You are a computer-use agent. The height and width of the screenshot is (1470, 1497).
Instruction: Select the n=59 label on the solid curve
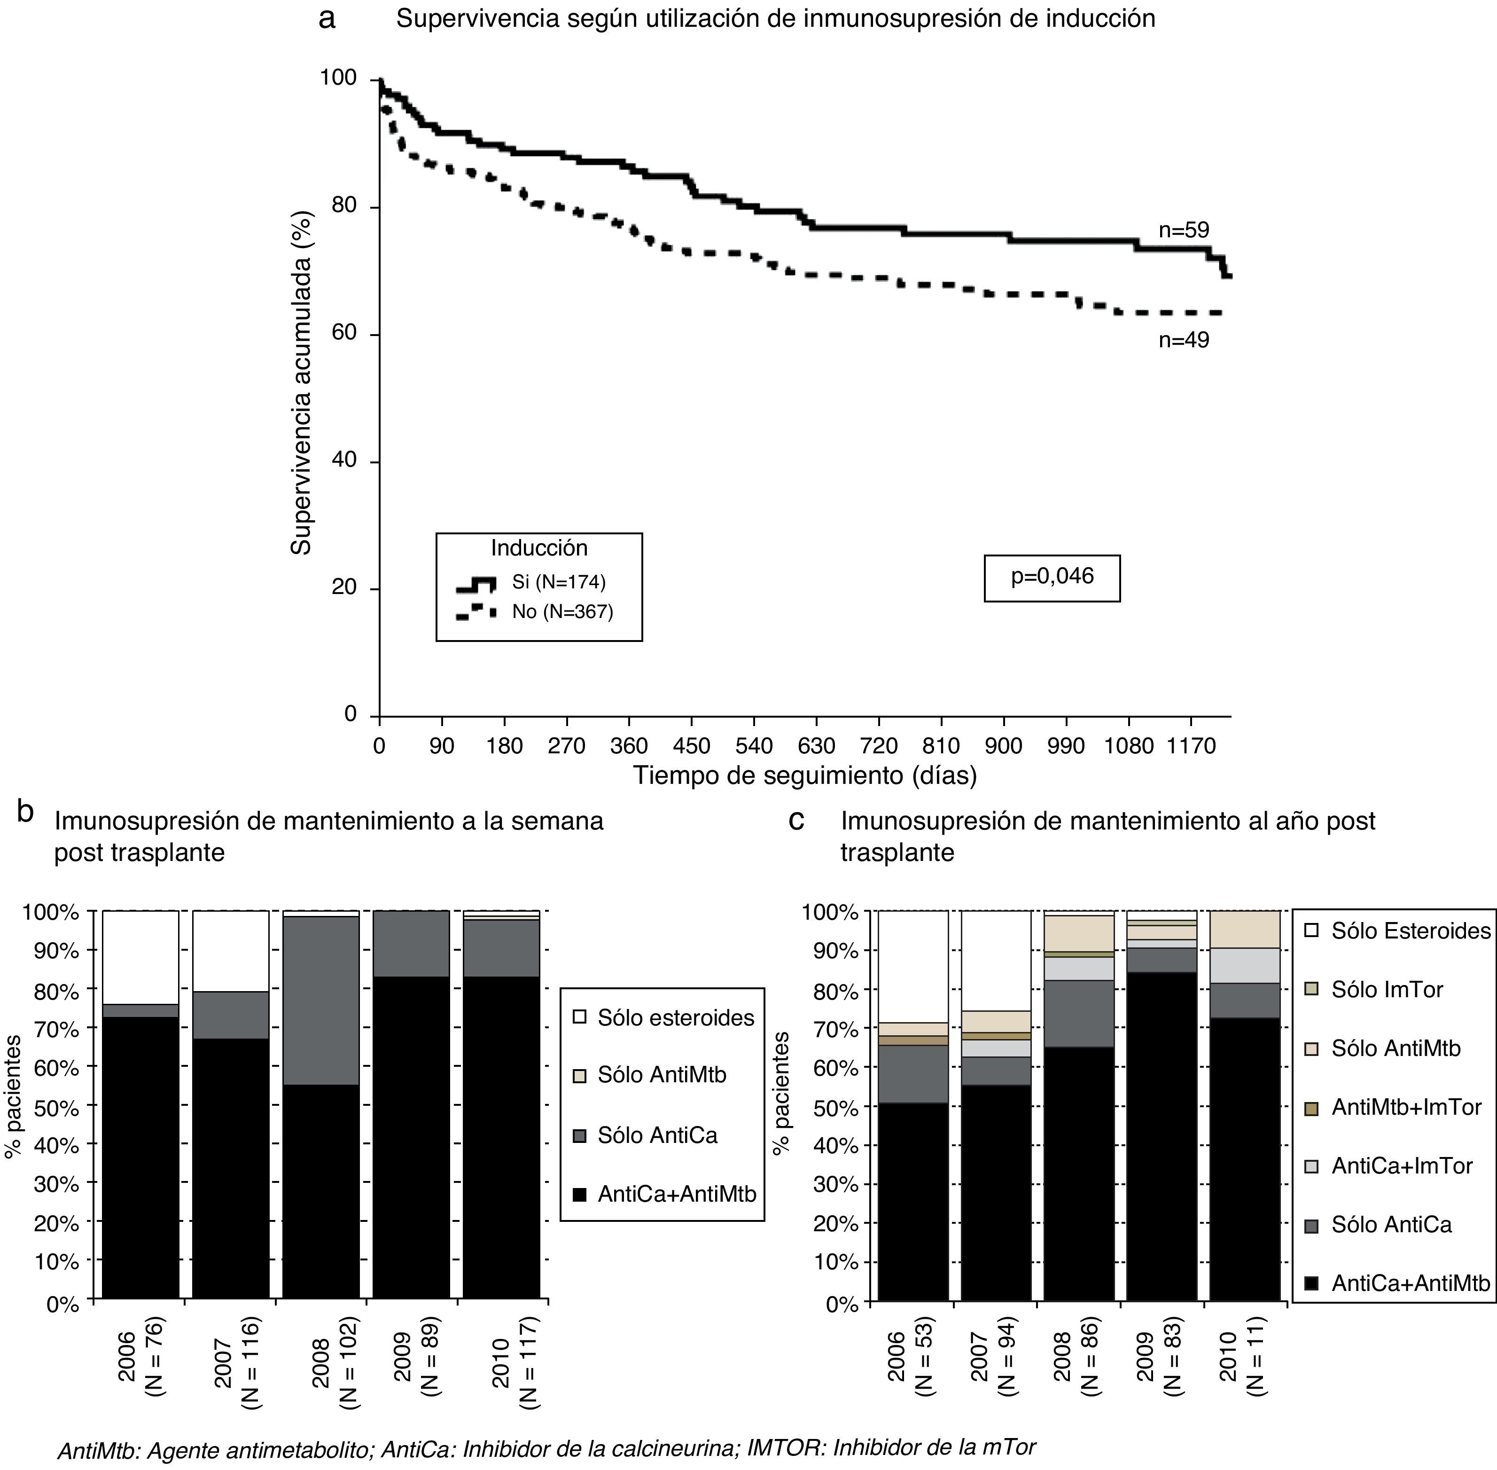(1184, 230)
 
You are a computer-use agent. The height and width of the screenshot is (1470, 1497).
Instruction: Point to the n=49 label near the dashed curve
(1184, 340)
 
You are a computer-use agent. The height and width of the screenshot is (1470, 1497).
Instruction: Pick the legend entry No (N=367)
(562, 612)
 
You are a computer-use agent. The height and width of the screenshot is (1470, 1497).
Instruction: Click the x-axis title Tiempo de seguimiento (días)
(804, 775)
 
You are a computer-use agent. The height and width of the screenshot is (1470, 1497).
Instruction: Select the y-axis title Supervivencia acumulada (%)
(302, 383)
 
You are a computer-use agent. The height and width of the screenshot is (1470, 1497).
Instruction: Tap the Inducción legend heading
(539, 548)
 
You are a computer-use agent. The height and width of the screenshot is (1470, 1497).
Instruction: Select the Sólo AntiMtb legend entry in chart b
(662, 1075)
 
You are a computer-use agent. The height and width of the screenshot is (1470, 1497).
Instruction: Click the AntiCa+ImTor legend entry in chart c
(1401, 1166)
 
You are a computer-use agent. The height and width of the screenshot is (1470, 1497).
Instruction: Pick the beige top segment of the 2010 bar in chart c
(1245, 930)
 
